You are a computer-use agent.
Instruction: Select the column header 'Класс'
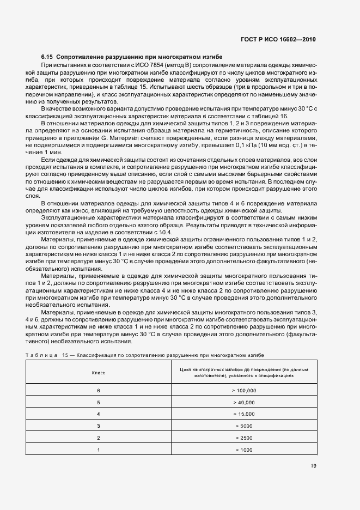(98, 373)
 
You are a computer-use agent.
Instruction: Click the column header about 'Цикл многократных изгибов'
(243, 373)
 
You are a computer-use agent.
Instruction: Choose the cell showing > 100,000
(243, 391)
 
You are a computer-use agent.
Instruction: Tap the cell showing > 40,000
(243, 402)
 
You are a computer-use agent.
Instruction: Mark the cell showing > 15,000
(243, 414)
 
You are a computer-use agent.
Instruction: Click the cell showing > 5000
(243, 426)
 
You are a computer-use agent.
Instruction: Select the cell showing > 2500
(243, 438)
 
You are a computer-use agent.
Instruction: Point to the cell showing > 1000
(243, 450)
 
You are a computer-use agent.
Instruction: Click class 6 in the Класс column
(98, 391)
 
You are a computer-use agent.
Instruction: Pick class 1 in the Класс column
(98, 450)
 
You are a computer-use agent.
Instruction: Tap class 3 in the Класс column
(98, 426)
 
